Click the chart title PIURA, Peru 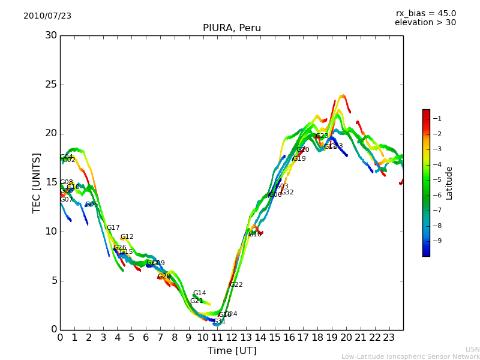pos(232,28)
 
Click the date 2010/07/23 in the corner pos(47,16)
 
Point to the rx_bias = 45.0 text pos(425,13)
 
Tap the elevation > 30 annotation pos(425,23)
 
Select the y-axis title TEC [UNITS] pos(37,182)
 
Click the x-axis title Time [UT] pos(232,351)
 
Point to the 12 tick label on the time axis pos(232,338)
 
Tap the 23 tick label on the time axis pos(389,338)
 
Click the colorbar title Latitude pos(449,182)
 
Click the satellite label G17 pos(113,228)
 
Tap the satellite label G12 pos(127,237)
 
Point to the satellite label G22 pos(236,284)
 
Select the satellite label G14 pos(199,293)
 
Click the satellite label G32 pos(287,193)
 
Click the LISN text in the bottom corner pos(472,349)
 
